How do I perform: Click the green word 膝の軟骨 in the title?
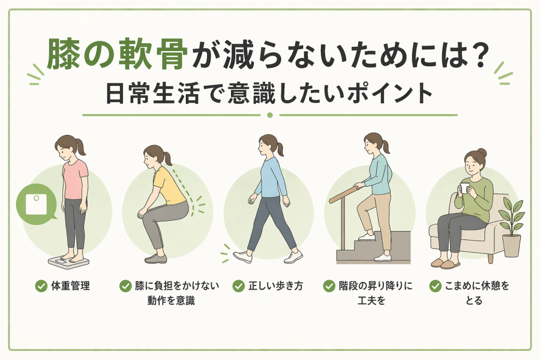tap(118, 55)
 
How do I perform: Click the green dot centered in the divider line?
tap(270, 115)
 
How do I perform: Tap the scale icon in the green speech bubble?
tap(36, 204)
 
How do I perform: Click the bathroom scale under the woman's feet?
tap(68, 261)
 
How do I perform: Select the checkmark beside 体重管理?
tap(41, 286)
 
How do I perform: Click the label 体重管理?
tap(71, 286)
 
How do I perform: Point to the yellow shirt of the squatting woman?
tap(169, 187)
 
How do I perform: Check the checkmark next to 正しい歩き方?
tap(238, 286)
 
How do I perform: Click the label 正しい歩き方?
tap(275, 286)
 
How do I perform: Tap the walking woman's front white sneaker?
tap(242, 257)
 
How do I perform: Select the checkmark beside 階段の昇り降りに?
tap(329, 286)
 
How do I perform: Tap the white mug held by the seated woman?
tap(464, 188)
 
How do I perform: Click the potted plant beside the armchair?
tap(511, 227)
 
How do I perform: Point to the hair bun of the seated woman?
tap(482, 152)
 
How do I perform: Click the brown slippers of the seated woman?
tap(445, 263)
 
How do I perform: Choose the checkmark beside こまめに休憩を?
tap(436, 286)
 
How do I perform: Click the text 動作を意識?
tap(171, 301)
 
